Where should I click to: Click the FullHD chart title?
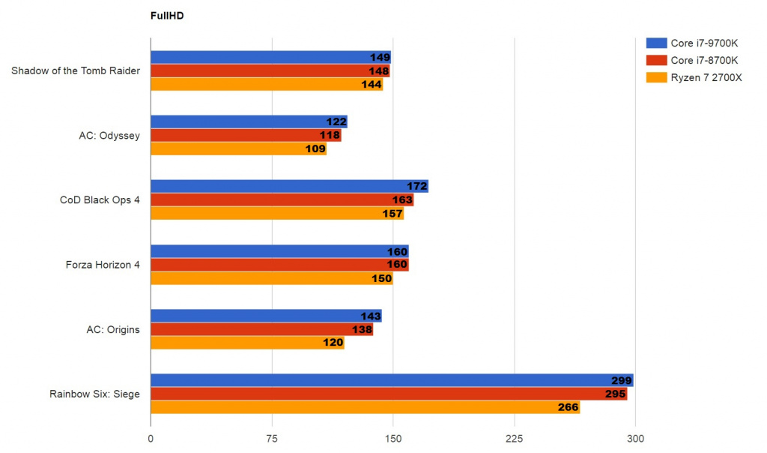point(167,14)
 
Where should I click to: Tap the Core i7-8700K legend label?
point(704,60)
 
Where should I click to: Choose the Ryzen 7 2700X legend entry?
point(706,77)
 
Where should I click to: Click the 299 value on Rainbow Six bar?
point(621,381)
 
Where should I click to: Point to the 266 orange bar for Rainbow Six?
point(365,407)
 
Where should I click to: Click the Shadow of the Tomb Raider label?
point(76,71)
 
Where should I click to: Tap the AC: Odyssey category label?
point(109,136)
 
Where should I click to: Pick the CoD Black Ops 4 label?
point(100,200)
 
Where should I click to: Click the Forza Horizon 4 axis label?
point(102,265)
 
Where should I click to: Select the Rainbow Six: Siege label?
point(95,394)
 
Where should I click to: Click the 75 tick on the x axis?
point(272,439)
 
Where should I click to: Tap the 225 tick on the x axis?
point(514,439)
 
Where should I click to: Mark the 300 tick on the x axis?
point(635,439)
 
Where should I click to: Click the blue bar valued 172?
point(288,187)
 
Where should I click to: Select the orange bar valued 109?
point(238,149)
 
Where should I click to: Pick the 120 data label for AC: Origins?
point(332,343)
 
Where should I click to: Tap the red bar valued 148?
point(270,71)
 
